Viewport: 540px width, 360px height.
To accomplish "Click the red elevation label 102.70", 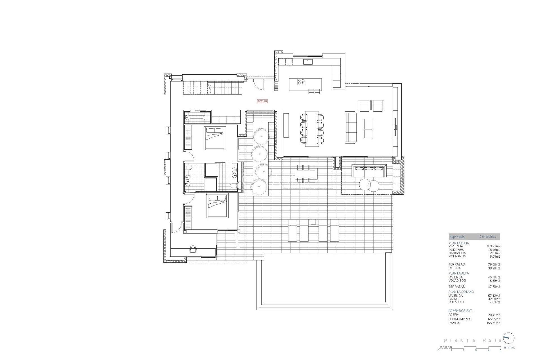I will [262, 101].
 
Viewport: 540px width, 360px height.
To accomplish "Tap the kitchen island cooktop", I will [301, 82].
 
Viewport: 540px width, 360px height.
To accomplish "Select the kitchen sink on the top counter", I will [308, 61].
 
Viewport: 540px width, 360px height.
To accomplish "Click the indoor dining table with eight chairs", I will [312, 129].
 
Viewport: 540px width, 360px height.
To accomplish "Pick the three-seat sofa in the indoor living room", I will [350, 127].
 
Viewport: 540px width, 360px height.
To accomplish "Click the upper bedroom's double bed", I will [215, 138].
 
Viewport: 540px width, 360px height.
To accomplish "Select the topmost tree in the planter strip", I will [261, 136].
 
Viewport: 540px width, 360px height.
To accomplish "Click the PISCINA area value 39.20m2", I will [494, 268].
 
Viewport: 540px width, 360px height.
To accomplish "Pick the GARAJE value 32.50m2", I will [494, 299].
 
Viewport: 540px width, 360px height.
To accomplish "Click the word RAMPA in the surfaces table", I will [454, 323].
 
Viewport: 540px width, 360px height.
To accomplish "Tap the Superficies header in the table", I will [457, 237].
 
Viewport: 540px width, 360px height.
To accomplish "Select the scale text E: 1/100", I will [510, 348].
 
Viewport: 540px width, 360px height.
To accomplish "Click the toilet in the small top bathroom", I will [207, 117].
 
